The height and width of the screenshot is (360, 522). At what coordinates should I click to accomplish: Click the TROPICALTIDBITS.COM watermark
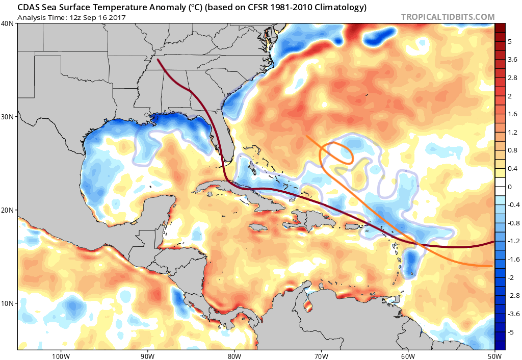point(448,17)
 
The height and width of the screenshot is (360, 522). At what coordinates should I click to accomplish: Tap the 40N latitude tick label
point(8,23)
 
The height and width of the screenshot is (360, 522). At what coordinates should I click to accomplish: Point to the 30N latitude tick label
point(8,117)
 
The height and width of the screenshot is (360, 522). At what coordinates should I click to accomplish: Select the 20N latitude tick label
point(8,210)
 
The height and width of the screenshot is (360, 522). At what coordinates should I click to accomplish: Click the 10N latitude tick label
point(8,303)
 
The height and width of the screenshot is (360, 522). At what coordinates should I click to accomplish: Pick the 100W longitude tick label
point(60,355)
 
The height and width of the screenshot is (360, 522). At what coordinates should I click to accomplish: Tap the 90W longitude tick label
point(147,355)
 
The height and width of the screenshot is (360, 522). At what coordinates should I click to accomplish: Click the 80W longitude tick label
point(234,355)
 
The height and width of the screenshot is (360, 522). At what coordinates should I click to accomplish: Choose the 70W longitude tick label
point(321,355)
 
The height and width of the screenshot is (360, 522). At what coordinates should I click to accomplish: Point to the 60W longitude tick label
point(408,355)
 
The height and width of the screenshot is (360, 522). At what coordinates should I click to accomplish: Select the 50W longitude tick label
point(494,355)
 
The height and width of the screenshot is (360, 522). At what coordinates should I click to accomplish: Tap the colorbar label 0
point(509,187)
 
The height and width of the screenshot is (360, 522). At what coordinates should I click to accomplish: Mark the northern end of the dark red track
point(159,60)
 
